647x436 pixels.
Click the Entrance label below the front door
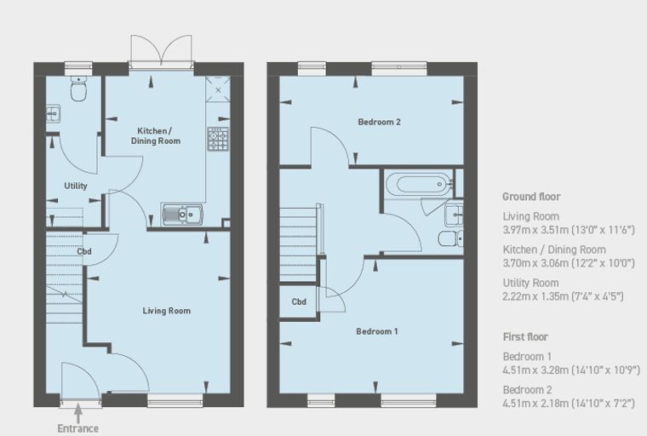click(x=78, y=428)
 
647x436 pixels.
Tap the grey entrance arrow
click(x=78, y=413)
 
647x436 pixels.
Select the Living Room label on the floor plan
click(x=167, y=311)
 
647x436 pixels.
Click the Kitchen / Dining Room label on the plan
click(x=156, y=136)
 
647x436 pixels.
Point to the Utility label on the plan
click(x=76, y=186)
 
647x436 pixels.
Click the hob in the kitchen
click(x=218, y=139)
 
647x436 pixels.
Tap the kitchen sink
click(x=182, y=215)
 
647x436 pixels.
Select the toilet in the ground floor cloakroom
click(x=78, y=89)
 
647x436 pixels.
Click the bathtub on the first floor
click(x=419, y=182)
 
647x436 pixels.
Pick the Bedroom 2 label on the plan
click(x=379, y=123)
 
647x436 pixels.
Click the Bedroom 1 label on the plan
click(x=377, y=331)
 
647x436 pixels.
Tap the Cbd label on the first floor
click(x=299, y=301)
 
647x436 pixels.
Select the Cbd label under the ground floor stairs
click(x=84, y=251)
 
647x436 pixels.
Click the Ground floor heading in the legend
click(x=531, y=197)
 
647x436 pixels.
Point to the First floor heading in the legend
click(x=525, y=337)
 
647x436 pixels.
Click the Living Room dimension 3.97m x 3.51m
click(x=569, y=230)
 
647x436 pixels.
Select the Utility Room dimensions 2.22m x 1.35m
click(x=563, y=296)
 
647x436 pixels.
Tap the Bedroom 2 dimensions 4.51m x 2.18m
click(x=569, y=404)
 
